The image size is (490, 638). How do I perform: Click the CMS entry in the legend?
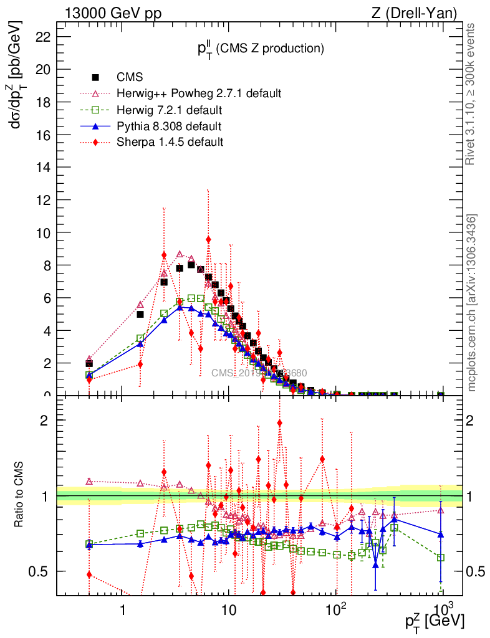[130, 77]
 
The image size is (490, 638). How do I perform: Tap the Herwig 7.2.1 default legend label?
[170, 110]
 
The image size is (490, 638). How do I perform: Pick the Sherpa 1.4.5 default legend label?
[170, 142]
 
